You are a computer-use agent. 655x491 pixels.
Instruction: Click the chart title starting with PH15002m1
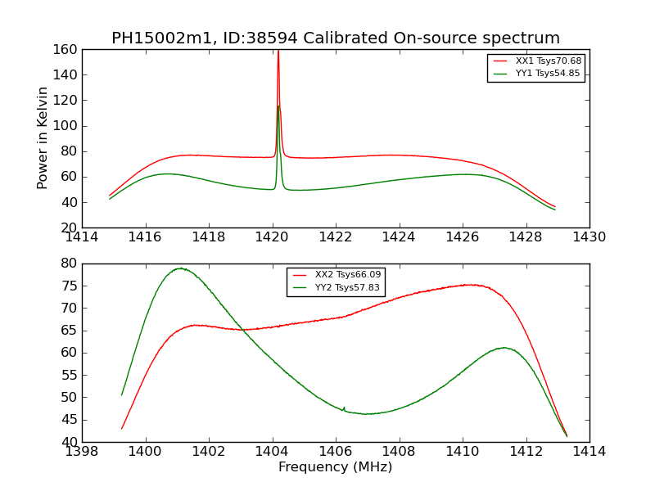[x=336, y=38]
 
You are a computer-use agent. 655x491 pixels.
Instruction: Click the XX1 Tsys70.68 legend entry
[x=549, y=61]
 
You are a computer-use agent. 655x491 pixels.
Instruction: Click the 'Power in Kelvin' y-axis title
[x=43, y=137]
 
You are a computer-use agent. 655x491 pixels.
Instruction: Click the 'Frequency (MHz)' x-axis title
[x=336, y=467]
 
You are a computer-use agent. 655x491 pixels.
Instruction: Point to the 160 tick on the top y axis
[x=67, y=50]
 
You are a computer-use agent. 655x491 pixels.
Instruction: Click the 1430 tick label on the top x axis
[x=589, y=237]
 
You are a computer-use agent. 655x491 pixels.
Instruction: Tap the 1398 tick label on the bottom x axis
[x=83, y=452]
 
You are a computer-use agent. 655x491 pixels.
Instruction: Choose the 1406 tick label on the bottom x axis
[x=336, y=452]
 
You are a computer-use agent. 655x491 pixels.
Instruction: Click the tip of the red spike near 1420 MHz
[x=278, y=52]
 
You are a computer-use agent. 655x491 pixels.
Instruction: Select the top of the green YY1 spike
[x=278, y=106]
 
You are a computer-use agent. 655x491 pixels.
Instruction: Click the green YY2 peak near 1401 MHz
[x=179, y=268]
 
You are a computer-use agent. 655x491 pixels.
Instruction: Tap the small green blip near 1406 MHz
[x=344, y=408]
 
